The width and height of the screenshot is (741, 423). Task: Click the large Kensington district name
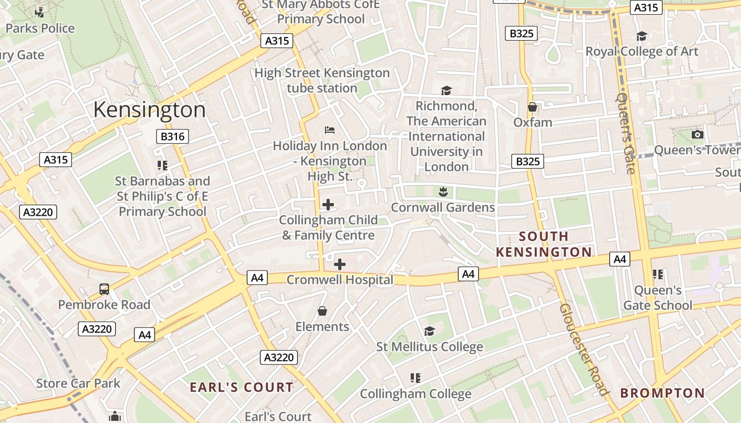click(x=149, y=110)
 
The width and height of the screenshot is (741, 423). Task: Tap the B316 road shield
click(x=173, y=136)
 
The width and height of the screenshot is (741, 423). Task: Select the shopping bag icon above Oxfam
click(x=532, y=107)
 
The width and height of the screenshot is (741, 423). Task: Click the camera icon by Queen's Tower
click(x=698, y=134)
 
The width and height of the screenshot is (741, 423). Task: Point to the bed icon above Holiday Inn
click(x=330, y=130)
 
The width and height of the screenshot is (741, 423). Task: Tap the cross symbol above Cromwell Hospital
click(x=340, y=264)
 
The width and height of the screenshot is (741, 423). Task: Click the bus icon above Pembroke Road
click(x=104, y=289)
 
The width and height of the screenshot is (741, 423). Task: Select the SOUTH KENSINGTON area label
click(x=544, y=244)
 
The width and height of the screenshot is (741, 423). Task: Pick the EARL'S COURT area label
click(x=241, y=387)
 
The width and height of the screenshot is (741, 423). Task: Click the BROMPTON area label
click(x=662, y=393)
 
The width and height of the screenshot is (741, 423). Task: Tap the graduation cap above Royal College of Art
click(x=641, y=36)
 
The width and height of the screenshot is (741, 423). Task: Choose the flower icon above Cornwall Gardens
click(x=443, y=191)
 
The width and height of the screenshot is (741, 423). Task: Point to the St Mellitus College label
click(x=429, y=347)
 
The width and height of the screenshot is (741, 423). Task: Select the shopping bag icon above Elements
click(x=322, y=311)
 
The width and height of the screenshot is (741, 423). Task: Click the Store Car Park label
click(x=78, y=383)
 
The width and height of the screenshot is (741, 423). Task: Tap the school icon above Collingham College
click(x=415, y=378)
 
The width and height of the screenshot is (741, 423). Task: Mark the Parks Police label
click(x=40, y=28)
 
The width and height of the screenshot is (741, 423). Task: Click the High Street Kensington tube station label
click(x=322, y=80)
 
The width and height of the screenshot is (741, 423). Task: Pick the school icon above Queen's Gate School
click(x=658, y=274)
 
